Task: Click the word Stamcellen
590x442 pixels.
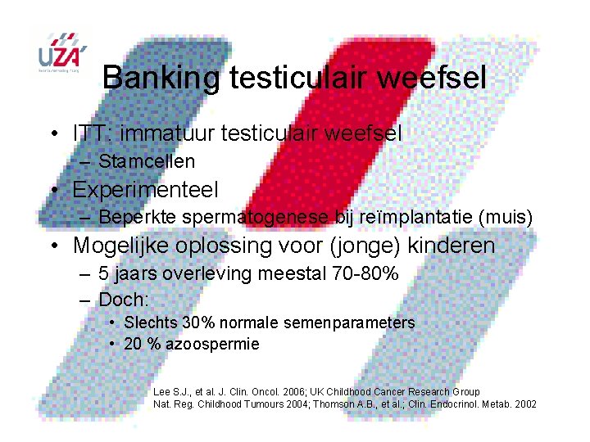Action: (147, 162)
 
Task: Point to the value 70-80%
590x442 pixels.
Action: (366, 274)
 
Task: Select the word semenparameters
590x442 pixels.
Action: (349, 323)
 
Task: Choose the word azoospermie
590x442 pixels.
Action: (212, 345)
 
